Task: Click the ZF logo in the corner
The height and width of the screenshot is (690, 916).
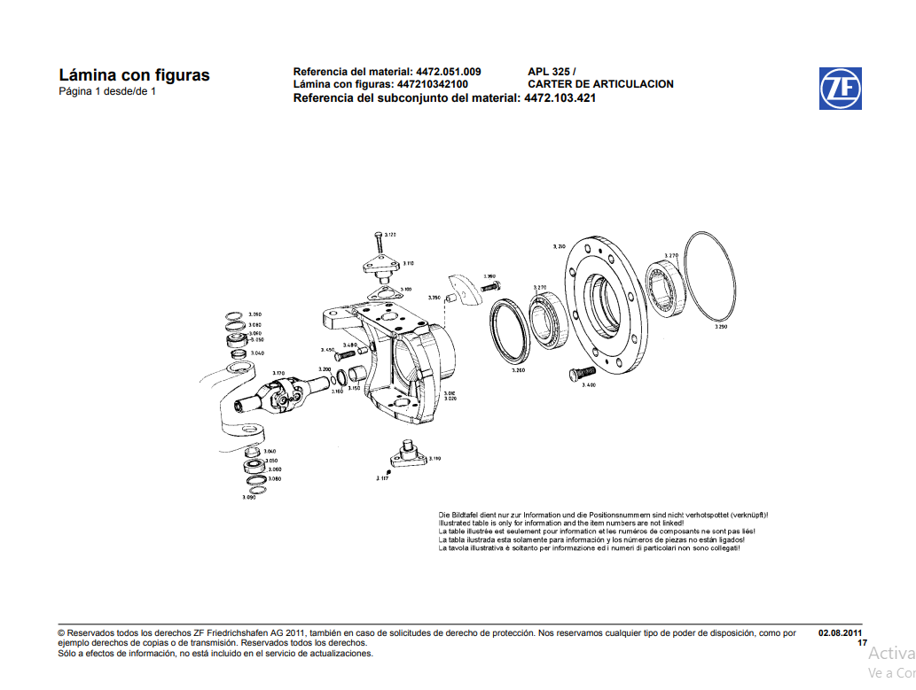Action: tap(840, 89)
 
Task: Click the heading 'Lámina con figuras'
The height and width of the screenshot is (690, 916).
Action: tap(134, 75)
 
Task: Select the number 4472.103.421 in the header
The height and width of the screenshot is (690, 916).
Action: tap(560, 98)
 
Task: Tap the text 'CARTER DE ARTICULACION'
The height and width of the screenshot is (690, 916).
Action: tap(600, 84)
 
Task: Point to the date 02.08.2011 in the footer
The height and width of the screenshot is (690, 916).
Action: tap(840, 633)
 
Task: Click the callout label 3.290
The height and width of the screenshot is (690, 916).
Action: tap(720, 327)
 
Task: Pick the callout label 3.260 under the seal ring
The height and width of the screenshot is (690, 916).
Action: tap(518, 370)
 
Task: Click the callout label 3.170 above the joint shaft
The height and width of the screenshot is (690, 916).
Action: tap(278, 374)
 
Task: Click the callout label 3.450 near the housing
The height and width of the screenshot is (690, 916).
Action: tap(327, 350)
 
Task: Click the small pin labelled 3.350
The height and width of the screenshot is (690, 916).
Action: tap(450, 298)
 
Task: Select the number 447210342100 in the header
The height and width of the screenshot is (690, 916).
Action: tap(433, 84)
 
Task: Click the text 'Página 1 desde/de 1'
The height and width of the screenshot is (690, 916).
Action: tap(107, 91)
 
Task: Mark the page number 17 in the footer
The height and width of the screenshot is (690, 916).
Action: tap(862, 643)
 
